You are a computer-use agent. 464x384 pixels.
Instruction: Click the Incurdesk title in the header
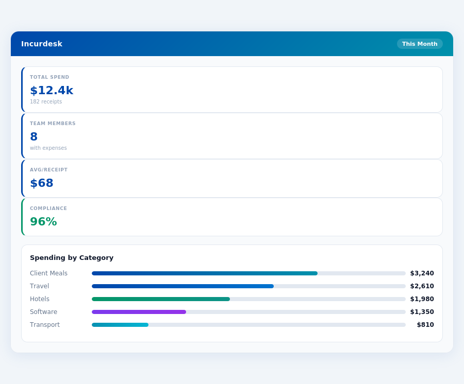pos(42,44)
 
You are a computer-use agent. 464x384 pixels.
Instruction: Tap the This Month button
pos(420,44)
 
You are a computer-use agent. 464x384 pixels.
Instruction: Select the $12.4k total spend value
pos(52,91)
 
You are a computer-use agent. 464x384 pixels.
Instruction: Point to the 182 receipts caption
pos(46,102)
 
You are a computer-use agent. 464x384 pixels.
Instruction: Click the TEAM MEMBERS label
pos(53,124)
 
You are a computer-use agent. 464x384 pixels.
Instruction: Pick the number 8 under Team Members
pos(34,137)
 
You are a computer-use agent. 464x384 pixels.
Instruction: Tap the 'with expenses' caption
pos(48,148)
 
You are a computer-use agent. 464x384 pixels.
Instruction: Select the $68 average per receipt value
pos(42,183)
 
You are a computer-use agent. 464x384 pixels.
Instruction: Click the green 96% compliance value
pos(43,222)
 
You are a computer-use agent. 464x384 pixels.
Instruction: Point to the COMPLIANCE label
pos(48,208)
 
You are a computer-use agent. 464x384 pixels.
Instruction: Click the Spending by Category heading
pos(72,258)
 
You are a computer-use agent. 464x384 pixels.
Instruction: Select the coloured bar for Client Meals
pos(205,273)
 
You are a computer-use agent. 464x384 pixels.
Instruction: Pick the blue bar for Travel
pos(183,286)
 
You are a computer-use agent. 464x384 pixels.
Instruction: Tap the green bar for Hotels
pos(161,299)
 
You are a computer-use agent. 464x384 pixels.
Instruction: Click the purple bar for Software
pos(139,312)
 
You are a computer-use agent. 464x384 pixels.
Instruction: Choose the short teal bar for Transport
pos(120,325)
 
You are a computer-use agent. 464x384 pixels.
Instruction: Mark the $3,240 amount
pos(422,273)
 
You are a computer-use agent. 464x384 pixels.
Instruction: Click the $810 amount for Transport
pos(425,325)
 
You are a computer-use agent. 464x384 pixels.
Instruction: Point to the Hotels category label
pos(40,299)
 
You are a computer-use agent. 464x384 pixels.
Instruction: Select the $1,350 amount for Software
pos(422,312)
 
